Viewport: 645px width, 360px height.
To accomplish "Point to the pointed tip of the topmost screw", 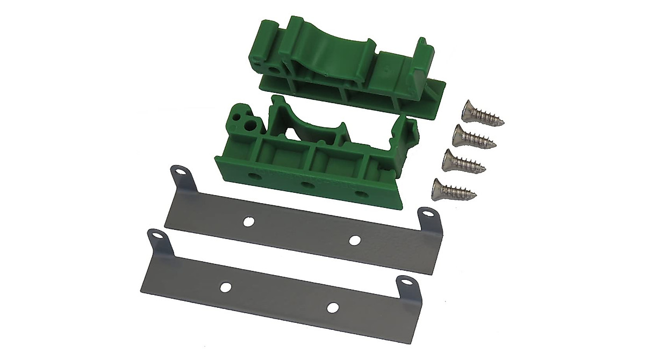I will [x=503, y=123].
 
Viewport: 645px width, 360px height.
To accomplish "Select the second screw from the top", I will [x=473, y=136].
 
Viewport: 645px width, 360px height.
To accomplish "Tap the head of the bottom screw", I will [x=440, y=188].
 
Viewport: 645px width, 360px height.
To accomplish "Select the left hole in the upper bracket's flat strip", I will [x=248, y=221].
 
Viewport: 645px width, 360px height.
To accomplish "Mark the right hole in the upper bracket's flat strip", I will [x=354, y=240].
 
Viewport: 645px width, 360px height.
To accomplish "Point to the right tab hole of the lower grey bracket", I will [x=403, y=283].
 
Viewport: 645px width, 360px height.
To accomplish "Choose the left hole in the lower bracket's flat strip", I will [x=226, y=287].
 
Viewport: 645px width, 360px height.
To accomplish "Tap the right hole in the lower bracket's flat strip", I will [x=333, y=308].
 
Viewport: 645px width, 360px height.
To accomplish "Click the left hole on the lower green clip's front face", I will [x=252, y=176].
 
